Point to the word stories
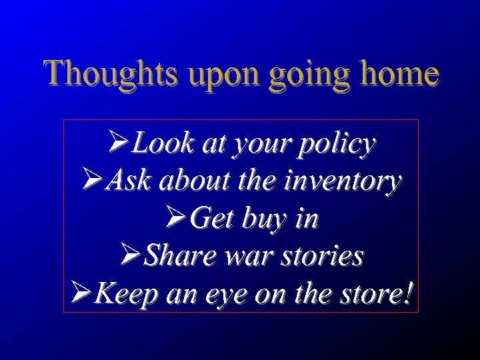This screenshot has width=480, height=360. (x=322, y=255)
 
